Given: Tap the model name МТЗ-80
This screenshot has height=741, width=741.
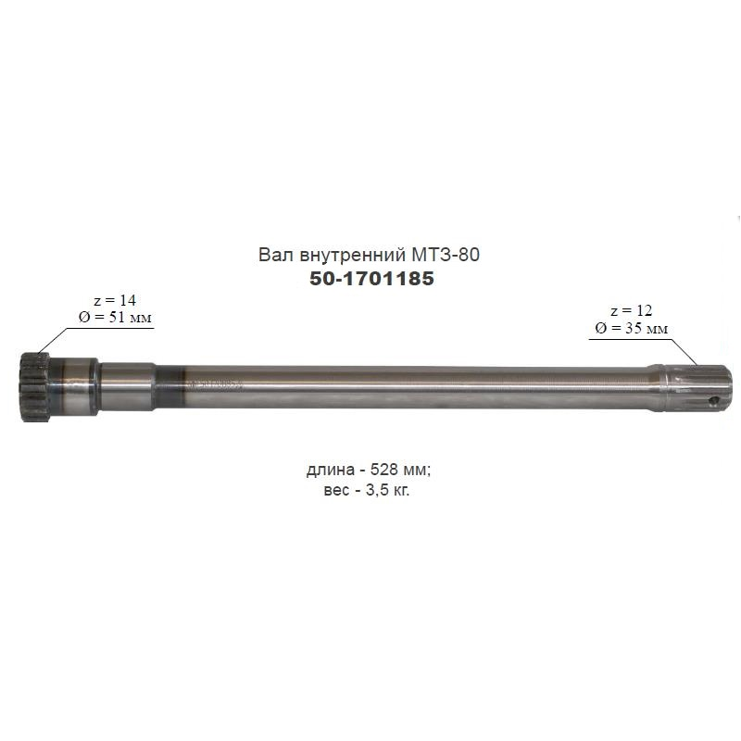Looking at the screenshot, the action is pyautogui.click(x=446, y=255).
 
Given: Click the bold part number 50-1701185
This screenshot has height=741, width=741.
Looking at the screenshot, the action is pyautogui.click(x=371, y=279).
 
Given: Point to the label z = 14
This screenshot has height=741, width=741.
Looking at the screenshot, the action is pyautogui.click(x=114, y=300).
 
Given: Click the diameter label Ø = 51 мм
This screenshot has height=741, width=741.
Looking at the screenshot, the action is pyautogui.click(x=115, y=317).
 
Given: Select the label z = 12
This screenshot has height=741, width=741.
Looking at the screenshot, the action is pyautogui.click(x=632, y=310).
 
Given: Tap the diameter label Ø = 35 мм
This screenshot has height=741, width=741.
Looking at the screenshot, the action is pyautogui.click(x=632, y=328).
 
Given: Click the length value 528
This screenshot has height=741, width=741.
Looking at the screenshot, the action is pyautogui.click(x=385, y=470).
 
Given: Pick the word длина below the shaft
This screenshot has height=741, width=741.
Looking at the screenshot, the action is pyautogui.click(x=331, y=471).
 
